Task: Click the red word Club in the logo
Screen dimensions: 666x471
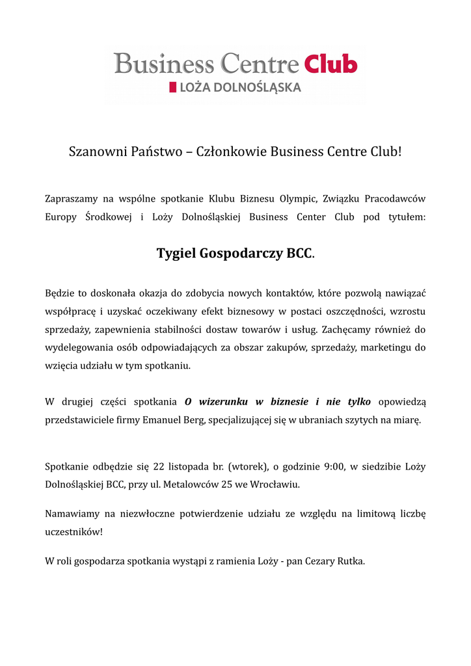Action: pos(331,64)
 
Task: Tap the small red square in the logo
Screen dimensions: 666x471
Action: pos(172,87)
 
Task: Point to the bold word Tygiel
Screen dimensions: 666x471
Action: pos(176,253)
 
